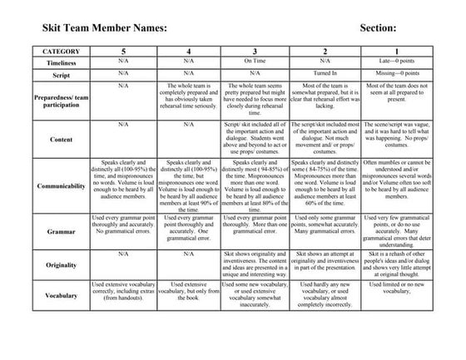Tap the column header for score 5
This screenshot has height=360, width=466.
click(123, 51)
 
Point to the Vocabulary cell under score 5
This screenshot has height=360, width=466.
click(123, 291)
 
